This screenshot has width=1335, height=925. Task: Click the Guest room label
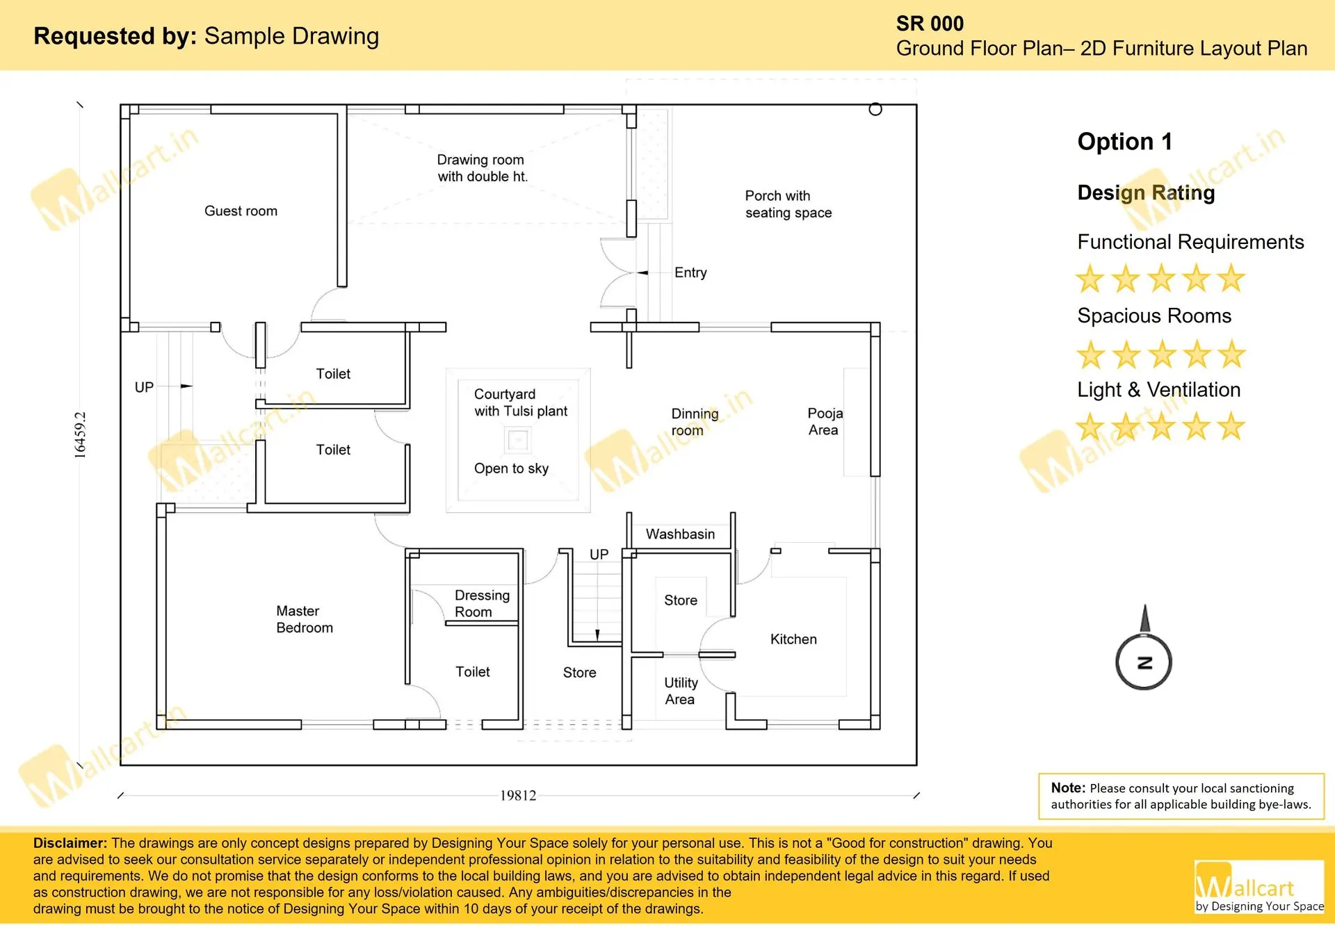click(x=241, y=211)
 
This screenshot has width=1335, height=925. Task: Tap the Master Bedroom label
click(x=305, y=619)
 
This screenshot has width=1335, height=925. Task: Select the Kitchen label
click(x=793, y=639)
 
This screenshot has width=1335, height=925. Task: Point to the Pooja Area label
click(x=825, y=421)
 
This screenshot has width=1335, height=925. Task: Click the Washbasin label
click(x=680, y=534)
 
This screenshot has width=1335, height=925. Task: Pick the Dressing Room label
click(x=482, y=603)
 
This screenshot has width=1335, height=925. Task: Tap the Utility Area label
click(x=681, y=691)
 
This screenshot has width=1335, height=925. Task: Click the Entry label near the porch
click(x=690, y=272)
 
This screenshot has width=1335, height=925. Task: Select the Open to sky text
click(x=511, y=468)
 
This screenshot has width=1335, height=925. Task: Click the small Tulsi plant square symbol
click(x=517, y=439)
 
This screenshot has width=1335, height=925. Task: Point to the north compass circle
click(x=1143, y=662)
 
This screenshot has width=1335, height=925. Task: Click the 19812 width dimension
click(x=518, y=795)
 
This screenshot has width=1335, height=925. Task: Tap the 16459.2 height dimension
click(x=81, y=435)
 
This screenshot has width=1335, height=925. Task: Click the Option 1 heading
click(x=1124, y=142)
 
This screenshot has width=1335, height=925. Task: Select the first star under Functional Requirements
click(x=1090, y=279)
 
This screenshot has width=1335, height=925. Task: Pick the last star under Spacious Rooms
click(x=1231, y=354)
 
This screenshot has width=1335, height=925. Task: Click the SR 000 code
click(x=930, y=24)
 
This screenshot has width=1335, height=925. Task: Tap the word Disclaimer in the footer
click(x=70, y=843)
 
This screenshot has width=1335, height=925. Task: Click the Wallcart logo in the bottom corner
click(x=1259, y=887)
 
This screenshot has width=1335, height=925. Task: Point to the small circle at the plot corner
click(x=875, y=109)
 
